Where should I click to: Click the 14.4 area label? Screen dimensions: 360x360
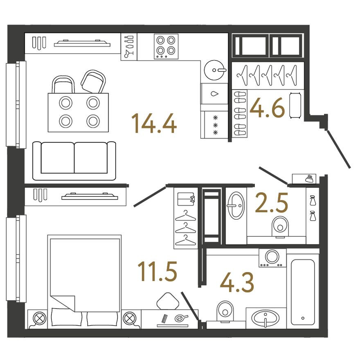[x=154, y=124]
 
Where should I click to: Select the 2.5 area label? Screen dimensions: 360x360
[x=271, y=204]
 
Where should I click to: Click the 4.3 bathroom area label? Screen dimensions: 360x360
[x=237, y=283]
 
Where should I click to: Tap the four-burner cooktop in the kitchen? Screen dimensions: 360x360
[x=166, y=45]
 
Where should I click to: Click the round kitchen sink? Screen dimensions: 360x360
[x=214, y=70]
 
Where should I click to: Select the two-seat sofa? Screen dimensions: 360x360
[x=74, y=160]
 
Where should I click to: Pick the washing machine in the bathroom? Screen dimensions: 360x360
[x=272, y=258]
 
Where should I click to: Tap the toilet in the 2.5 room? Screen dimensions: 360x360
[x=280, y=226]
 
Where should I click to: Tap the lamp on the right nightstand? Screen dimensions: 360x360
[x=130, y=318]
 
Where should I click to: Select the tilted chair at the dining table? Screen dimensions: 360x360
[x=94, y=81]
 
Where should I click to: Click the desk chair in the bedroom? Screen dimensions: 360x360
[x=167, y=301]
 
